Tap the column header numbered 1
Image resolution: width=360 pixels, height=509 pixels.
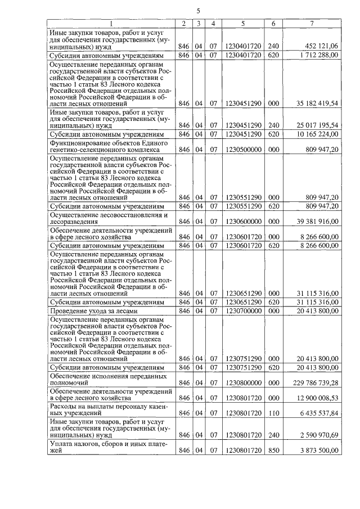pos(111,24)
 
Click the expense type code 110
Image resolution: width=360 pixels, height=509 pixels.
pos(273,412)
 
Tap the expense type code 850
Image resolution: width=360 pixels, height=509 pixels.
pos(273,451)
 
